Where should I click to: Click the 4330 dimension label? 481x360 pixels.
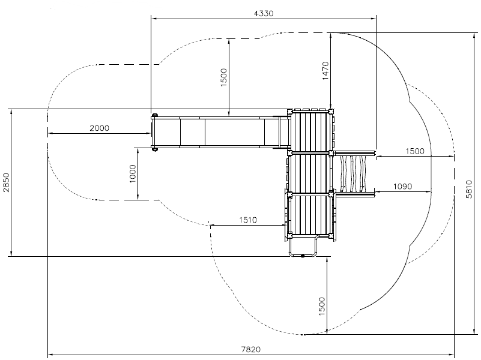pyautogui.click(x=264, y=13)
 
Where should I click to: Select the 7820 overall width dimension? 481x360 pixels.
pyautogui.click(x=250, y=349)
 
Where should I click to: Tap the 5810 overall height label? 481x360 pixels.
pyautogui.click(x=469, y=189)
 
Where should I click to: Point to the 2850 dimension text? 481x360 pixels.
pyautogui.click(x=6, y=182)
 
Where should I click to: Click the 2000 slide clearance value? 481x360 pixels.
pyautogui.click(x=100, y=128)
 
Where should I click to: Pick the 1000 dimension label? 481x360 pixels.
pyautogui.click(x=133, y=173)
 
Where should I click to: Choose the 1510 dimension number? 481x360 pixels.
pyautogui.click(x=248, y=220)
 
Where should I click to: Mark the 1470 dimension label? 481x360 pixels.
pyautogui.click(x=325, y=71)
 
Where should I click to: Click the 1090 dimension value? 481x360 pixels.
pyautogui.click(x=402, y=186)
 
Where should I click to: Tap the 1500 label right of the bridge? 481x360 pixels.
pyautogui.click(x=415, y=151)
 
